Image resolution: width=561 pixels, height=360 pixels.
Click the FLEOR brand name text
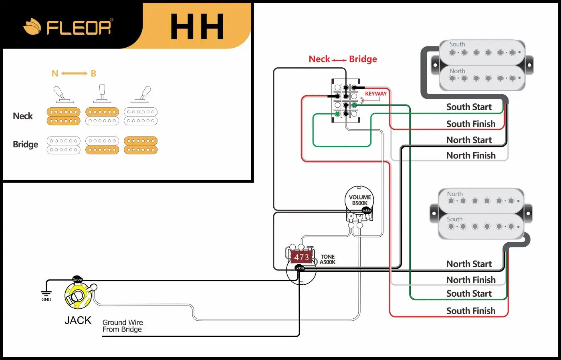(x=79, y=27)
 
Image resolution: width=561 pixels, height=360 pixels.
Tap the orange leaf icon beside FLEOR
(x=32, y=26)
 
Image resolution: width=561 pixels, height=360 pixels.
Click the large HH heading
(x=197, y=26)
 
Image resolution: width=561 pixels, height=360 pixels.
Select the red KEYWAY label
(x=376, y=94)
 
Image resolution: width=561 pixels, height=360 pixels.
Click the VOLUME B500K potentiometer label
(x=360, y=200)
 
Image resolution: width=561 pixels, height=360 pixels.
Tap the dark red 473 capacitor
(x=301, y=257)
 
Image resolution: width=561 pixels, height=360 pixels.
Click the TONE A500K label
(x=328, y=259)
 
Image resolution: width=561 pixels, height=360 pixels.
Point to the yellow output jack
(x=78, y=296)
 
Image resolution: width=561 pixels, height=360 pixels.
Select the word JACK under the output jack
(x=78, y=320)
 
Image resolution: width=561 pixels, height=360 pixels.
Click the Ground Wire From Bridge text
(x=123, y=326)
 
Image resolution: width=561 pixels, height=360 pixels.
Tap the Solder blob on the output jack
(x=78, y=279)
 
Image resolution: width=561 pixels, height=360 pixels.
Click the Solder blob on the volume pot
(x=367, y=210)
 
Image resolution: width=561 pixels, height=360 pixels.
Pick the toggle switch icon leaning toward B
(x=142, y=95)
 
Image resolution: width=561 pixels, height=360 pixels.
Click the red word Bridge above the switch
(x=363, y=59)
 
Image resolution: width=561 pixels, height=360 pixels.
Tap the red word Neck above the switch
(x=319, y=59)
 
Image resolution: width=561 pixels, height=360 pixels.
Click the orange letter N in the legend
(x=55, y=74)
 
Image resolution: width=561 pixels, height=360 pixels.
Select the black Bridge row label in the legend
(x=26, y=145)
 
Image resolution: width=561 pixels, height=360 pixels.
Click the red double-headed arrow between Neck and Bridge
(x=339, y=60)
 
